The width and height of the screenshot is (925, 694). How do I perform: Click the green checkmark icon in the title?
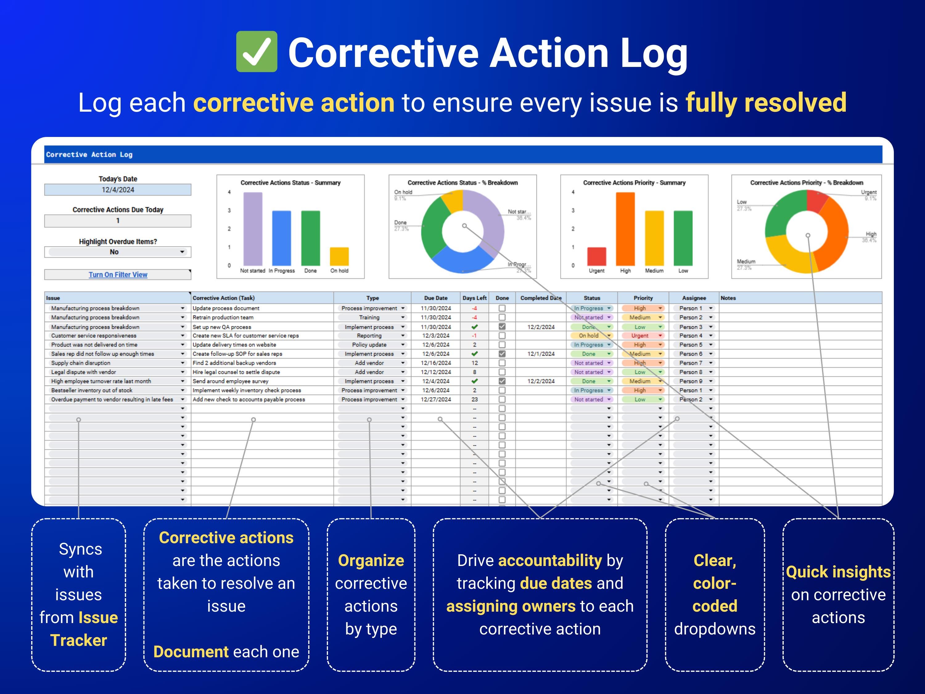click(256, 52)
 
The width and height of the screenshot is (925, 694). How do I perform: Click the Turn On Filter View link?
click(117, 275)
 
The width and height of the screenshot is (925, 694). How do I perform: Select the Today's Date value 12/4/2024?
click(117, 189)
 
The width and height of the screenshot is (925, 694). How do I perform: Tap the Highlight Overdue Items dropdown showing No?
click(117, 252)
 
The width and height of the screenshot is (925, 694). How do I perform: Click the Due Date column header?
click(435, 298)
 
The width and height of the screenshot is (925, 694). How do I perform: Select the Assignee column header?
click(694, 298)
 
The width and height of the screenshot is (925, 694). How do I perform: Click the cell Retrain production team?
click(223, 317)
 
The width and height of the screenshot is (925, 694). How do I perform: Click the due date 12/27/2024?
click(436, 399)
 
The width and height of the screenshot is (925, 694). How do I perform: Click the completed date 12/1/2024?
click(541, 354)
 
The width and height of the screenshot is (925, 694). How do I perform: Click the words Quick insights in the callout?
click(838, 572)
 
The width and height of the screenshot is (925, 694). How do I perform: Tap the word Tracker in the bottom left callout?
click(79, 640)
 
